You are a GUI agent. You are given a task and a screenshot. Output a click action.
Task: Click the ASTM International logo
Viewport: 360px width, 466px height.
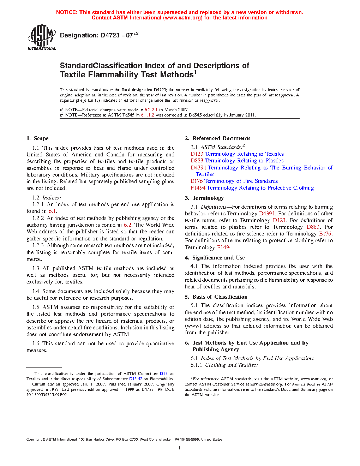tap(42, 37)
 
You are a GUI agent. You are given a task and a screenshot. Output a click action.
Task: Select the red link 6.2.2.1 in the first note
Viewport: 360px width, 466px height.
tap(151, 110)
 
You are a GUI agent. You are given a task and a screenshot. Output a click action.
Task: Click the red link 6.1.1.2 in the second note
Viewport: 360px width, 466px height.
tap(148, 115)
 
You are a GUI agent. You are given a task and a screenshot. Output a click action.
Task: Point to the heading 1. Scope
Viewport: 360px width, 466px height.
tap(37, 138)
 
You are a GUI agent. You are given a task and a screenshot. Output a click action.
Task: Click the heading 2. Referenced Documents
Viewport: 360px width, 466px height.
tap(217, 138)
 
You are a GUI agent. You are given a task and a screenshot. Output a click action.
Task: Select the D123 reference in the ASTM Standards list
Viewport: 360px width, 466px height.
tap(197, 154)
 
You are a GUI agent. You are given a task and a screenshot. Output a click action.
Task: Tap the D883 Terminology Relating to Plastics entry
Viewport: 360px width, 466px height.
tap(237, 161)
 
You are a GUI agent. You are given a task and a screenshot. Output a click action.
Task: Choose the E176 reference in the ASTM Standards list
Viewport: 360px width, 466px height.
tap(197, 181)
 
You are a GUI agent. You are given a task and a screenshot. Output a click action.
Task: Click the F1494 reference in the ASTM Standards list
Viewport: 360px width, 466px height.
tap(198, 188)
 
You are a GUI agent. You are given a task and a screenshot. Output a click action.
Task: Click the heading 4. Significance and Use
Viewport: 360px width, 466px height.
tap(215, 258)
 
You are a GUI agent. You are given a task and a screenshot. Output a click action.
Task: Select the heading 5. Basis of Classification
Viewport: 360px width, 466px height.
tap(216, 297)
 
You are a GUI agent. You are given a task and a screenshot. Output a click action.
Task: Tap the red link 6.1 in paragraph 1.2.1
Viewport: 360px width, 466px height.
tap(52, 211)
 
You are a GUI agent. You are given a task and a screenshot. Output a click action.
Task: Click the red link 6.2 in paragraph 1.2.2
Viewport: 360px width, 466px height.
tap(127, 225)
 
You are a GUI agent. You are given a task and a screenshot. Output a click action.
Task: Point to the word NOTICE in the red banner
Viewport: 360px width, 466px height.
tap(67, 12)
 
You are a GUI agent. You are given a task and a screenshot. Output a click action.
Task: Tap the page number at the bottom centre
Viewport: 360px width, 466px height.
tap(180, 448)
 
